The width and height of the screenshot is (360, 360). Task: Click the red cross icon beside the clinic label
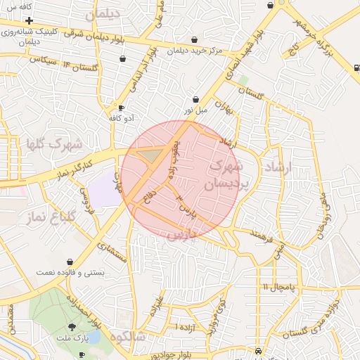[29, 20]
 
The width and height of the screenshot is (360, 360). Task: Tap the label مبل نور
[197, 110]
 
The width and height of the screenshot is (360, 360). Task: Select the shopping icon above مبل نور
[195, 100]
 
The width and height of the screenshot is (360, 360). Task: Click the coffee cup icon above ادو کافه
[122, 108]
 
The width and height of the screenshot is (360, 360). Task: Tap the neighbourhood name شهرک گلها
[55, 144]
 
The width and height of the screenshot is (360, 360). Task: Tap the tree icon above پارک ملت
[72, 327]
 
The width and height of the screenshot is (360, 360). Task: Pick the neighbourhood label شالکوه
[127, 337]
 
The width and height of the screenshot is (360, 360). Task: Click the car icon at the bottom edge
[259, 350]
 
